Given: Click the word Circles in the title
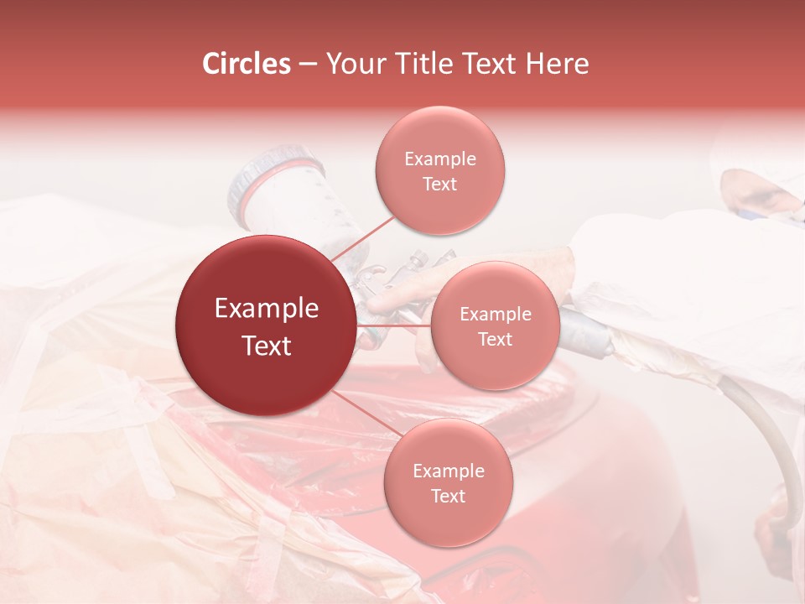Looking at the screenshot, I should (247, 64).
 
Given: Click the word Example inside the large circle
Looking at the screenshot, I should (266, 309).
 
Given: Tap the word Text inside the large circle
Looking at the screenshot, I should (266, 346).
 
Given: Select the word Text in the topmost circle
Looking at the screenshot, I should (439, 185).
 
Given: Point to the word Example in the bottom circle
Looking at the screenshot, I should (448, 471).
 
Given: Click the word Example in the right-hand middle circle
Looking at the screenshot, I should (495, 315).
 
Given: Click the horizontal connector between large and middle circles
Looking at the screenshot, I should (392, 325).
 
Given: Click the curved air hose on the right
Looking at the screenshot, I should (767, 436).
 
